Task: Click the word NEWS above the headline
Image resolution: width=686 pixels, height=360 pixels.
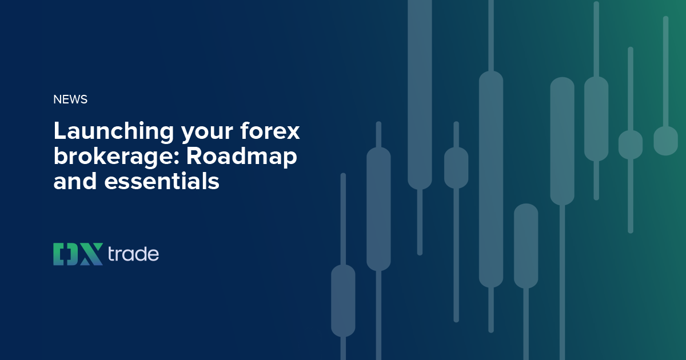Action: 70,99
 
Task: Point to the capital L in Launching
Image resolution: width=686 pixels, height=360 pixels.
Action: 59,131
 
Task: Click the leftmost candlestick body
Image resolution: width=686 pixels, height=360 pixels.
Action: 343,300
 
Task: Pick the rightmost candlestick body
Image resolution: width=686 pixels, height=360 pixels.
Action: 665,141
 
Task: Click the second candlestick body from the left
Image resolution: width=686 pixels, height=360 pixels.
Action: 378,209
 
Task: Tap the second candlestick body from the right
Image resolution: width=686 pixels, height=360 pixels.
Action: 631,145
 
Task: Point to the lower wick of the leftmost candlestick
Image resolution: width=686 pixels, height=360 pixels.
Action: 343,347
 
